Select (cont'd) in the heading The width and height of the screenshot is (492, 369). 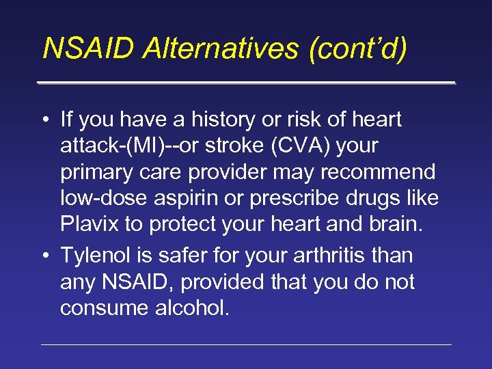tap(357, 49)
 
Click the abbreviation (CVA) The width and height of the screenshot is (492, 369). tap(289, 147)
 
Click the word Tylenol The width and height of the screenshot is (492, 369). tap(98, 256)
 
